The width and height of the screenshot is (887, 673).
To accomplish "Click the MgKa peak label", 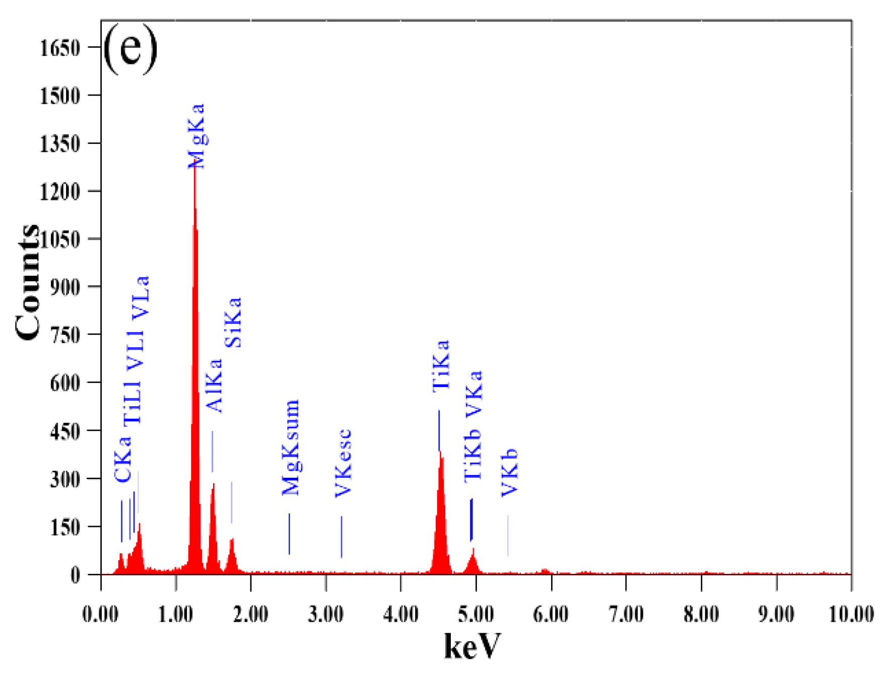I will click(196, 136).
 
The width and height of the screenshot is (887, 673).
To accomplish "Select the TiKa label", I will click(441, 365).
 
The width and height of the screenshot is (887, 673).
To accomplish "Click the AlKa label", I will click(214, 386).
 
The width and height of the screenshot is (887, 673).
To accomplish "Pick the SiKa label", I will click(233, 323).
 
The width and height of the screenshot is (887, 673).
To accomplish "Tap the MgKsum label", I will click(291, 447).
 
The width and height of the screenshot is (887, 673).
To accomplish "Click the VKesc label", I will click(343, 463).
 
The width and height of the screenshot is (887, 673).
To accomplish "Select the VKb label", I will click(509, 472).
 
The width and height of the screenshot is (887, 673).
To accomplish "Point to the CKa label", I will click(122, 459).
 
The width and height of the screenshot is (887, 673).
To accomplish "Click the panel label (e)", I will click(130, 49).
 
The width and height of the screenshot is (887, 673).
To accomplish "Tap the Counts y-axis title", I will click(28, 282).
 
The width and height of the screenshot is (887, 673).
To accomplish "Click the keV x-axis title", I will click(472, 646).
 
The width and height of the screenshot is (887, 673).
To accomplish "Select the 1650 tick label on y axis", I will click(60, 48).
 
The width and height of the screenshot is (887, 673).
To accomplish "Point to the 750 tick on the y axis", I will click(65, 335).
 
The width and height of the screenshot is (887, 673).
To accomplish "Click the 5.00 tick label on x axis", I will click(475, 615).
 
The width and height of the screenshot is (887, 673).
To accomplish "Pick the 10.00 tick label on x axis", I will click(851, 615).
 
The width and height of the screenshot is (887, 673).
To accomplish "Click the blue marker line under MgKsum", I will click(289, 534).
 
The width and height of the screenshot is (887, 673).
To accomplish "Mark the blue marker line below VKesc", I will click(342, 537).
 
